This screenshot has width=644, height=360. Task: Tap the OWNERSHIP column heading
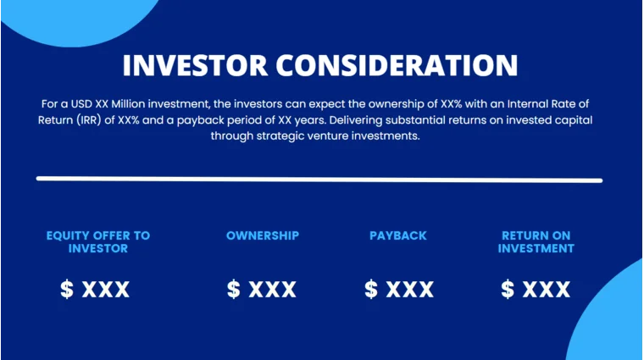pos(262,235)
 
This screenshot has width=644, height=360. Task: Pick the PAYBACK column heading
pos(398,235)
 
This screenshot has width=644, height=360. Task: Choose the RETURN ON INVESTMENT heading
pos(536,241)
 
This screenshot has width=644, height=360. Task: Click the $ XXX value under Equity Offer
pos(95,290)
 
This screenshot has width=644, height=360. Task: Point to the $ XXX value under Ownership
pos(262,290)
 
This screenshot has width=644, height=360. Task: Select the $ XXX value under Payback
pos(398,290)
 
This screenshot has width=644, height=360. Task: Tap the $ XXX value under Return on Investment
pos(536,290)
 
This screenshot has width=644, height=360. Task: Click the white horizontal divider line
pos(319,180)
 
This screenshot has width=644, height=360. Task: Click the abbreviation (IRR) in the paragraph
pos(91,119)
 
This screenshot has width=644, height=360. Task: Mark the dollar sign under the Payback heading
pos(371,290)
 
